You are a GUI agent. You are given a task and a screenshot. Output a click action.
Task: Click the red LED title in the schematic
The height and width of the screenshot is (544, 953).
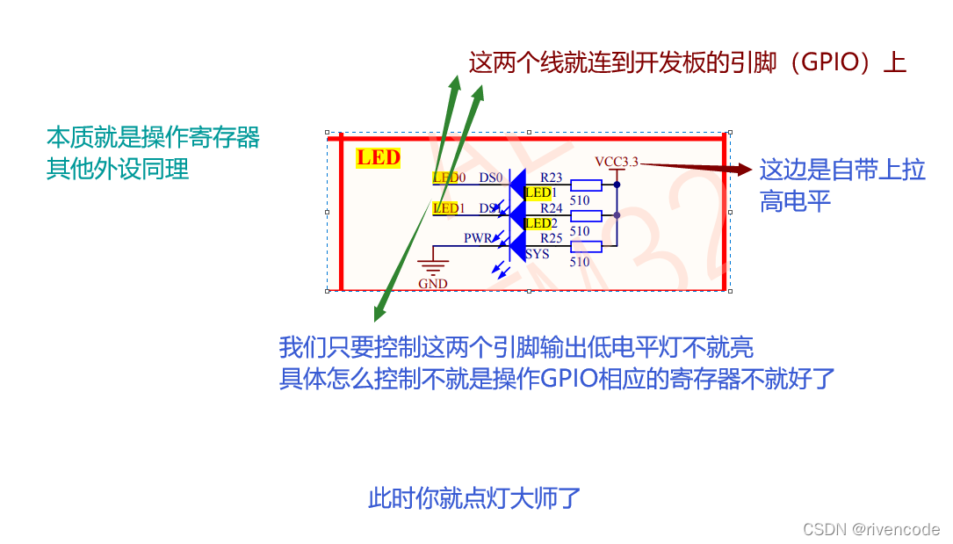click(378, 158)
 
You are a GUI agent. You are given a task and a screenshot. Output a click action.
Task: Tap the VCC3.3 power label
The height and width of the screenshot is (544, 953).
click(617, 162)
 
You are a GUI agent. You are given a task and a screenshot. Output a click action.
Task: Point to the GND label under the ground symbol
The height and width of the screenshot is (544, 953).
click(432, 283)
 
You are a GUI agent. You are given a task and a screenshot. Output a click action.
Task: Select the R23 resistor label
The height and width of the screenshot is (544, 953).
click(551, 177)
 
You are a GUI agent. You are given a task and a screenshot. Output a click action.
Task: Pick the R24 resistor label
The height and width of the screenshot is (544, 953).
click(551, 208)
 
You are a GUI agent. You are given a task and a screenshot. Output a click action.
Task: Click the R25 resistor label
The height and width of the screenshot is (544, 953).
click(551, 238)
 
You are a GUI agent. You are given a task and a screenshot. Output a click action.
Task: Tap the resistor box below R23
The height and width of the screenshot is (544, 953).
click(586, 185)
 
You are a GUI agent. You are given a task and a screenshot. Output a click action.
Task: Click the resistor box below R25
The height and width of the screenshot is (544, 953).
click(586, 247)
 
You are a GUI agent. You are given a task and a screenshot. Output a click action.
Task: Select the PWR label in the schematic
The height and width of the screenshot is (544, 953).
click(479, 238)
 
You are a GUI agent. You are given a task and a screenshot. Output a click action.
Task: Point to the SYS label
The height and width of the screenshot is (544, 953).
click(538, 254)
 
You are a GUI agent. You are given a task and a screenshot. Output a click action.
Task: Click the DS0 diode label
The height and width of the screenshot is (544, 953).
click(490, 177)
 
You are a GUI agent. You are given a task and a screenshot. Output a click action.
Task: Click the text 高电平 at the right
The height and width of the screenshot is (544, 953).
click(795, 202)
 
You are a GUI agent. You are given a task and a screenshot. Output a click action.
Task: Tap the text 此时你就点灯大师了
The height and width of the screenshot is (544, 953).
click(474, 498)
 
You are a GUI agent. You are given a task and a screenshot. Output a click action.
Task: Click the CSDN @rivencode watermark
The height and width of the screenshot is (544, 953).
click(871, 529)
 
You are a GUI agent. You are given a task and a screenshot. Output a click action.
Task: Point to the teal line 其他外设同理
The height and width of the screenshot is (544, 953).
click(118, 168)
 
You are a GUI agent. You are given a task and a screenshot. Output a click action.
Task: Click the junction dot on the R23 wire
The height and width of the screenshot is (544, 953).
click(617, 185)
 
